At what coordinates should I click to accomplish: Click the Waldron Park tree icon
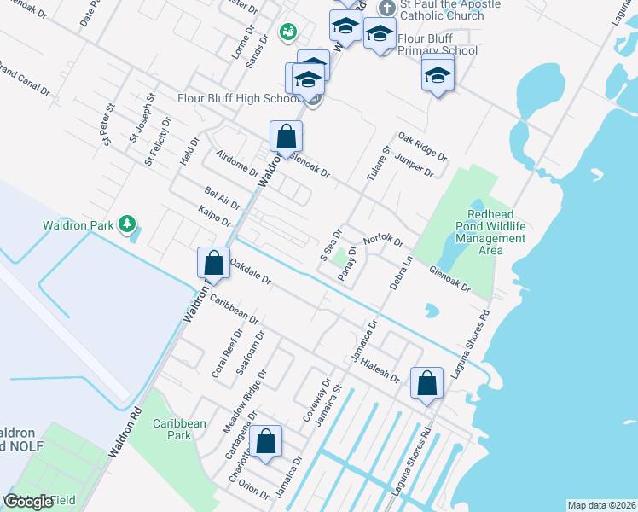pyautogui.click(x=127, y=224)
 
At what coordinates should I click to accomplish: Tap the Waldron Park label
pyautogui.click(x=78, y=226)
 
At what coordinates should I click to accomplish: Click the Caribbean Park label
pyautogui.click(x=179, y=428)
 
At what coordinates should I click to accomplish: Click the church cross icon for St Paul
pyautogui.click(x=386, y=7)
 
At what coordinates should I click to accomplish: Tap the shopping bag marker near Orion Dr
pyautogui.click(x=267, y=441)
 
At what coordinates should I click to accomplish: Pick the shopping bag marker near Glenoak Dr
pyautogui.click(x=287, y=136)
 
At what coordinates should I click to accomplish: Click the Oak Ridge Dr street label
pyautogui.click(x=422, y=146)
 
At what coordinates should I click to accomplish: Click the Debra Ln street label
pyautogui.click(x=401, y=272)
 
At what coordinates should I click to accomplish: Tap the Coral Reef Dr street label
pyautogui.click(x=227, y=358)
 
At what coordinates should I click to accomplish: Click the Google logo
pyautogui.click(x=28, y=502)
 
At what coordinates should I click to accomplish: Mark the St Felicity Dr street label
pyautogui.click(x=158, y=141)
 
